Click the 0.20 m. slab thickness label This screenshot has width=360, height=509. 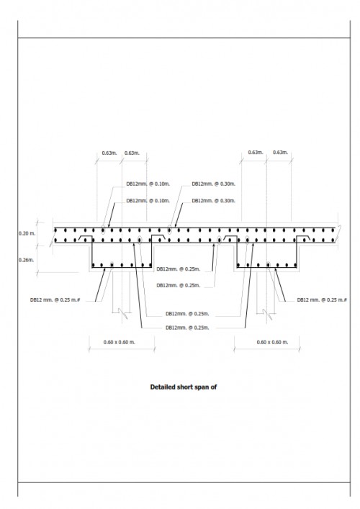(27, 233)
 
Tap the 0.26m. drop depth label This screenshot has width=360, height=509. (26, 260)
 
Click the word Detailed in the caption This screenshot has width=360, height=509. (162, 387)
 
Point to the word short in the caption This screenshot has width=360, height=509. (184, 387)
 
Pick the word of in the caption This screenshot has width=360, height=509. (213, 387)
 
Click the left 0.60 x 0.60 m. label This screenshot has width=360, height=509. (120, 342)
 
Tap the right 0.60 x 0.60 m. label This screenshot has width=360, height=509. (272, 342)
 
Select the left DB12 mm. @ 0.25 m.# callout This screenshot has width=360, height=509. (55, 300)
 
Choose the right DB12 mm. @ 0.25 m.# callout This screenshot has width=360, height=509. (322, 300)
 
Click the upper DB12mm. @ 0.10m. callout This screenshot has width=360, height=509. (148, 184)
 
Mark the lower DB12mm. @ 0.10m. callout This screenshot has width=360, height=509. (148, 201)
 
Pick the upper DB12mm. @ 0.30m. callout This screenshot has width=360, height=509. (214, 184)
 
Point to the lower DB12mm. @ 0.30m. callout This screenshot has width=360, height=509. (214, 201)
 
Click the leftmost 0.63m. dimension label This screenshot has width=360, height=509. (109, 153)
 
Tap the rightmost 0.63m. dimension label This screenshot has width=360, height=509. (281, 152)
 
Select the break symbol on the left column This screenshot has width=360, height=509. (122, 312)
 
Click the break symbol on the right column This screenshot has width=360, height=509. (267, 313)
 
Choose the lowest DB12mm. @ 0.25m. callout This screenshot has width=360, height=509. (187, 328)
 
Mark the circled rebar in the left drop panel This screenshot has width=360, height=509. (112, 265)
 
